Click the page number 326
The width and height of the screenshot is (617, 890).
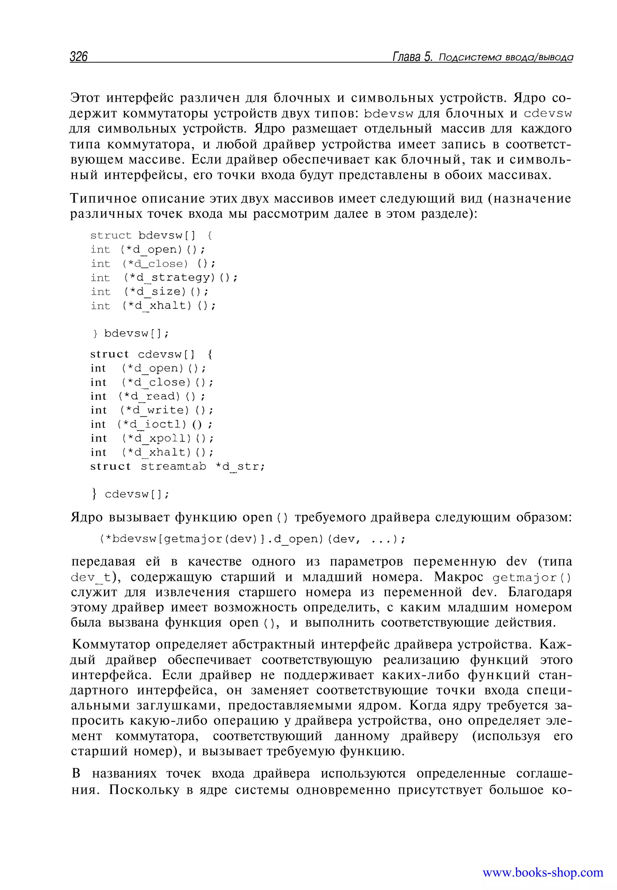click(x=79, y=57)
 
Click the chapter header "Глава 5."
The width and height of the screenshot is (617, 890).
click(x=412, y=57)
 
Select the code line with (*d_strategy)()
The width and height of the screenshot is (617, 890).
click(x=164, y=277)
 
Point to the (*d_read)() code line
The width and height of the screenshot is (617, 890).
click(x=148, y=396)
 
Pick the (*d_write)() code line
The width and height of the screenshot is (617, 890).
click(x=152, y=410)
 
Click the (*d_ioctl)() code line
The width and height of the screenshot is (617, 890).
click(x=151, y=424)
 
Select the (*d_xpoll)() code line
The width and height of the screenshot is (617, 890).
click(x=152, y=438)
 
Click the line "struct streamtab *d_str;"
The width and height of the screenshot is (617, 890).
click(x=177, y=466)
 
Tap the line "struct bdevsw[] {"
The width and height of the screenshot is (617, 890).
click(x=151, y=235)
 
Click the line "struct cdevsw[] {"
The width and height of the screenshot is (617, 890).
click(x=151, y=354)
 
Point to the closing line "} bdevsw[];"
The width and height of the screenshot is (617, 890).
click(x=131, y=333)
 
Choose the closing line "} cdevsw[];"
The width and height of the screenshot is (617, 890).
click(x=131, y=494)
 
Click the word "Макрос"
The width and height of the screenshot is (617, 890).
click(x=459, y=577)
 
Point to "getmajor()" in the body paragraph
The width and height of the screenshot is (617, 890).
click(x=532, y=578)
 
